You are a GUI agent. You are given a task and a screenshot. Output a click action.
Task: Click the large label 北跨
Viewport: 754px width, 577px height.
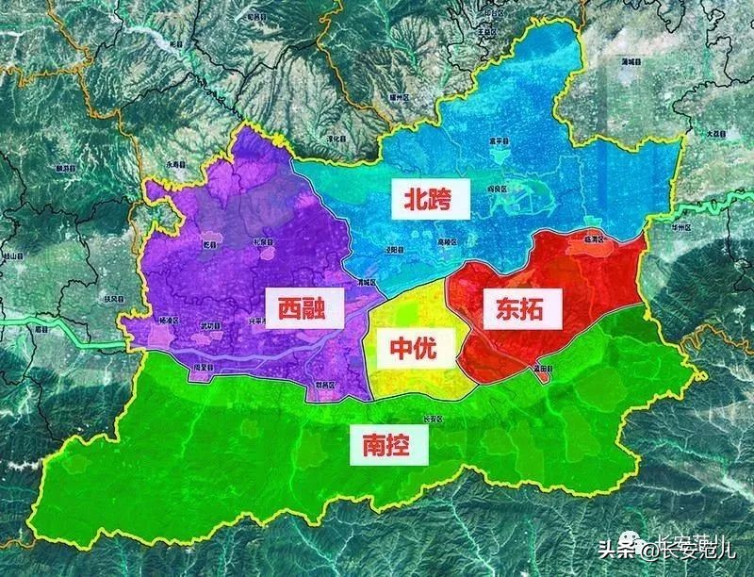pos(426,199)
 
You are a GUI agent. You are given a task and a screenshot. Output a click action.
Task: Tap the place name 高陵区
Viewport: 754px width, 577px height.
pos(420,241)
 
